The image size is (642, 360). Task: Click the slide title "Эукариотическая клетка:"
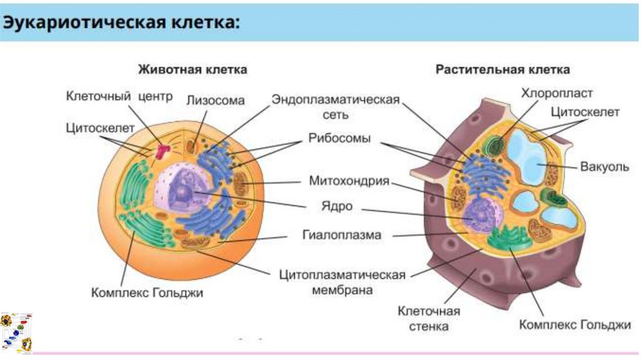point(123,23)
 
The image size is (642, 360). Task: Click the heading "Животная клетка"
point(192,69)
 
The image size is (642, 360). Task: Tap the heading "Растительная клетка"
point(503,69)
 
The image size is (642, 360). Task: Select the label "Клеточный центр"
point(107,97)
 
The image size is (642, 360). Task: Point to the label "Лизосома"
point(215,100)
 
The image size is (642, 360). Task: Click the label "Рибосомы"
point(339,138)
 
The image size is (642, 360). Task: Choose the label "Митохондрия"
point(349,181)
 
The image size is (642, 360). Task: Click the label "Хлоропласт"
point(557,93)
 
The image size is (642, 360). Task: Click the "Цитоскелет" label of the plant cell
point(584,112)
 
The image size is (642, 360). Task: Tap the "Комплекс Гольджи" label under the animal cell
point(147,292)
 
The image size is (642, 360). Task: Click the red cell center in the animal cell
point(164,151)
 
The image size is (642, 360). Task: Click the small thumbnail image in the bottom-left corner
point(16,332)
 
